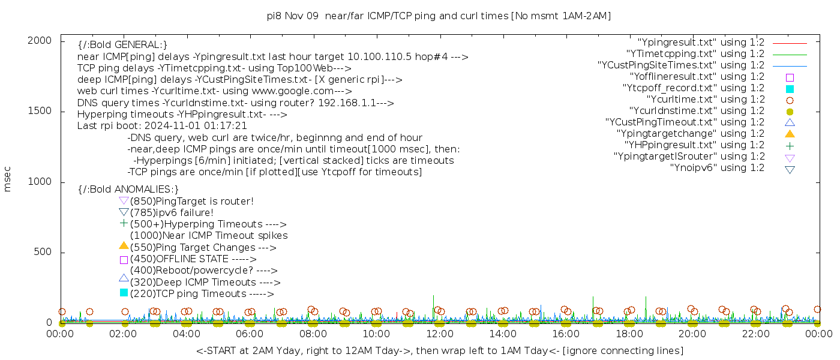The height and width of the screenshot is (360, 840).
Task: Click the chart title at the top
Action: pyautogui.click(x=439, y=16)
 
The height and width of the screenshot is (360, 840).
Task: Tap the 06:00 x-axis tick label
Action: pyautogui.click(x=250, y=334)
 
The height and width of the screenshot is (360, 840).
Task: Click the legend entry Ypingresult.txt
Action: pyautogui.click(x=701, y=43)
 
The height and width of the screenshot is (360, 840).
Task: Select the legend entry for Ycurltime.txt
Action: pyautogui.click(x=705, y=100)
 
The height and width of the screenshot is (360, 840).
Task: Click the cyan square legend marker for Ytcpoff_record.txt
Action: pyautogui.click(x=790, y=88)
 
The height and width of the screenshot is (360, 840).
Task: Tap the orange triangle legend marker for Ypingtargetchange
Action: pyautogui.click(x=790, y=133)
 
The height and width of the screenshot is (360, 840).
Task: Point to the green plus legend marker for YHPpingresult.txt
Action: pyautogui.click(x=790, y=145)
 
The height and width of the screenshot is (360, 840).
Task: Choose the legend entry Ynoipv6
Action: pyautogui.click(x=717, y=168)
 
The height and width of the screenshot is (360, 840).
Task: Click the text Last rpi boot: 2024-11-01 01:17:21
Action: pyautogui.click(x=162, y=126)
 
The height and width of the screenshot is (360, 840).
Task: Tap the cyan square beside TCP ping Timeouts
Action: pyautogui.click(x=124, y=293)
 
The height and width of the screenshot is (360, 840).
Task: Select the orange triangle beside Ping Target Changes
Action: pyautogui.click(x=124, y=245)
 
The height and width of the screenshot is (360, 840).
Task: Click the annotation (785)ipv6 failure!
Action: pyautogui.click(x=172, y=212)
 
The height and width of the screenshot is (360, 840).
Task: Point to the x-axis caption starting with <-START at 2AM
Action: pyautogui.click(x=440, y=350)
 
